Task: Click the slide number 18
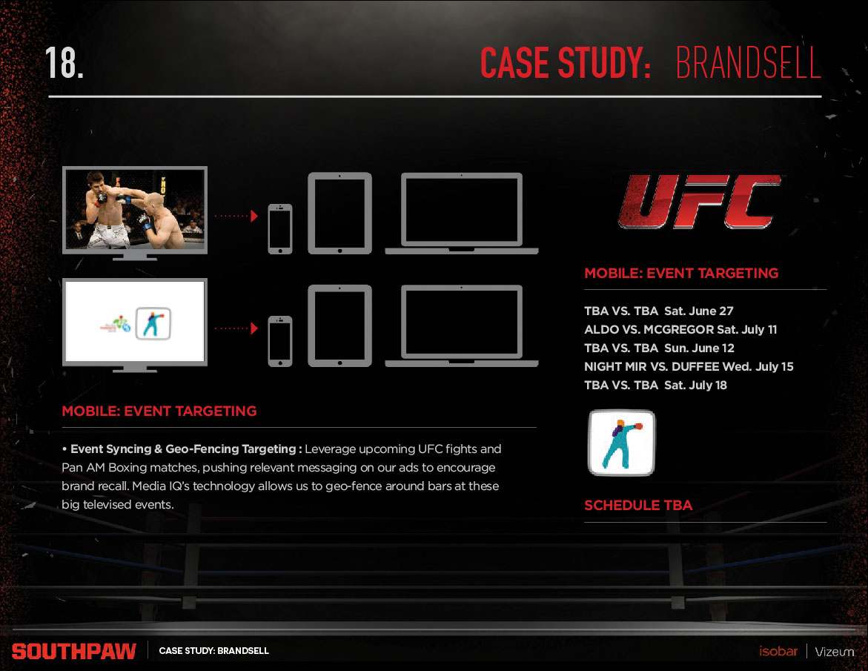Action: click(x=64, y=63)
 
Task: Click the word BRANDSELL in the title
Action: click(x=748, y=63)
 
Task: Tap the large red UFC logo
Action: click(x=700, y=201)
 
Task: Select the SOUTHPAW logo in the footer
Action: click(x=74, y=652)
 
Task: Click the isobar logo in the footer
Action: click(x=778, y=652)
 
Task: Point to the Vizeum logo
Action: click(x=835, y=652)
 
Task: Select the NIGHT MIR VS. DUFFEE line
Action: click(x=689, y=366)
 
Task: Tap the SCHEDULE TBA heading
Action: click(x=638, y=506)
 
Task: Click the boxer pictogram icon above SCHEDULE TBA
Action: click(x=622, y=443)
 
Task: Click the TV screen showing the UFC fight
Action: click(x=135, y=208)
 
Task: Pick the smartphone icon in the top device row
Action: click(x=279, y=228)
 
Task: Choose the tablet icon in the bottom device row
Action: click(x=339, y=325)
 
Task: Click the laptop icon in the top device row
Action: click(x=462, y=214)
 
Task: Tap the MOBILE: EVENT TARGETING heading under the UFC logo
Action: click(x=681, y=274)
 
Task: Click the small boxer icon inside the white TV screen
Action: click(x=153, y=323)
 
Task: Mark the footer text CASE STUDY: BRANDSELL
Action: click(x=213, y=651)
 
